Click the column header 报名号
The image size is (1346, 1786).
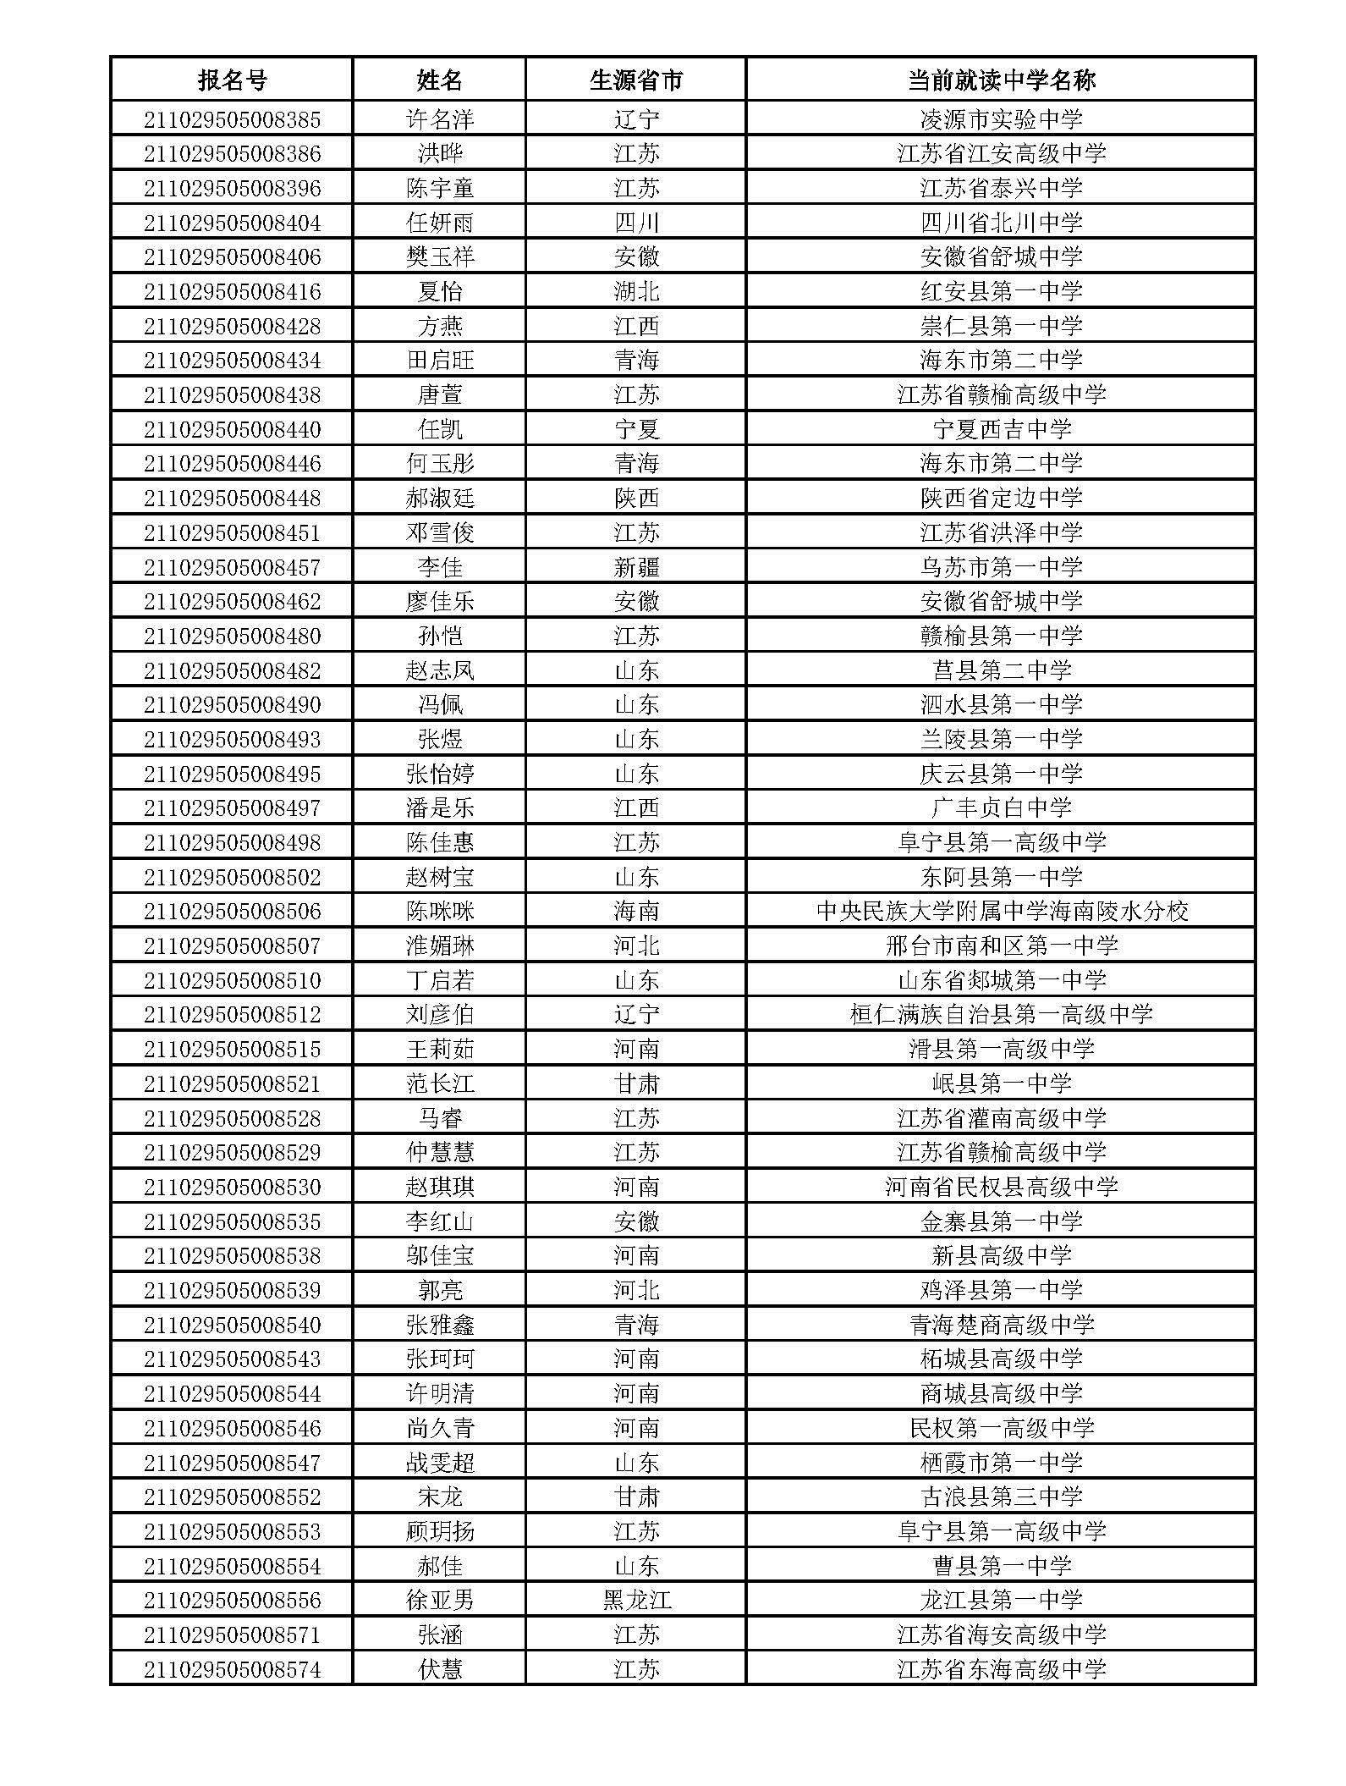[232, 80]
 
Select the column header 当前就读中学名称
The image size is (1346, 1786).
[1001, 80]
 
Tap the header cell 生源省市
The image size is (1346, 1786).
[635, 80]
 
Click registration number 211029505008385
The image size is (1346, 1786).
[232, 119]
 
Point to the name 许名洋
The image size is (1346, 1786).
[440, 119]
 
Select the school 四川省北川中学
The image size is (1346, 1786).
[1001, 223]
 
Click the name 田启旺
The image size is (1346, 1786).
[440, 361]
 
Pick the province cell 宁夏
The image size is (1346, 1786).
[635, 429]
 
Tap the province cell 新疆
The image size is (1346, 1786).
[635, 567]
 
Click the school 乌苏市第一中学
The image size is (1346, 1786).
[1001, 567]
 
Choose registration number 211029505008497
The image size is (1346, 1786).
[232, 808]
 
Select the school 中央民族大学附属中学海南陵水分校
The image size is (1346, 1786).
[1001, 912]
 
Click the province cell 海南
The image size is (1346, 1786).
[635, 912]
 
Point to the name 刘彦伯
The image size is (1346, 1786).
[440, 1015]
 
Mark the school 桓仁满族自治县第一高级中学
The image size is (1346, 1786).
[1001, 1015]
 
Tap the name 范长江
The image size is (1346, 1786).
[440, 1083]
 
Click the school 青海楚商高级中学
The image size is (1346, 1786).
[1001, 1325]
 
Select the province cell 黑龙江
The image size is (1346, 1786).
[635, 1601]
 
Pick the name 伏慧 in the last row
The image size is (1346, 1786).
[440, 1669]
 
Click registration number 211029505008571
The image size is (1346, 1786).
[232, 1635]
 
